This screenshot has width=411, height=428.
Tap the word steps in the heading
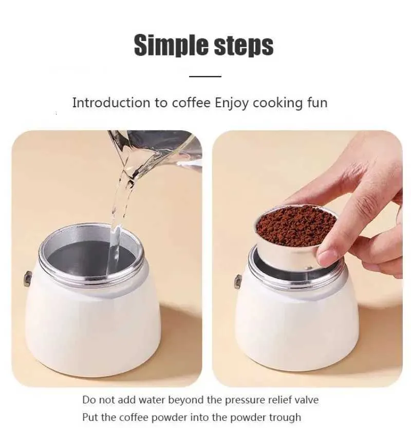coord(244,45)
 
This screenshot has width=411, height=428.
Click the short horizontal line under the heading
coord(205,76)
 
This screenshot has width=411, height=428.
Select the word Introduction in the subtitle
coord(111,103)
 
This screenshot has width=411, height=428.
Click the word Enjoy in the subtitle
coord(232,104)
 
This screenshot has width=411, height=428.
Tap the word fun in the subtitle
coord(317,103)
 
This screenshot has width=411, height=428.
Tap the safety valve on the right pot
coord(238,282)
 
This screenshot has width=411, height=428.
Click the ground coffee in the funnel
coord(296,225)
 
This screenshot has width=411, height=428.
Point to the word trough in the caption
coord(285,417)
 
